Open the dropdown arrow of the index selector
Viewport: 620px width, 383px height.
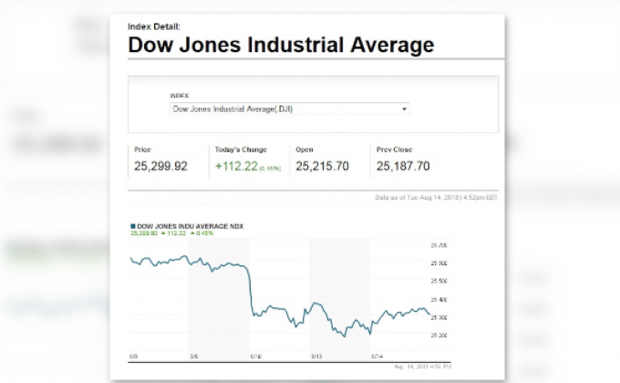coord(404,109)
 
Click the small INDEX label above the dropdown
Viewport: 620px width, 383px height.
coord(179,96)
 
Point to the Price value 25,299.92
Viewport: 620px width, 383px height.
coord(160,166)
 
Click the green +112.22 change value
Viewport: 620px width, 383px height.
coord(236,166)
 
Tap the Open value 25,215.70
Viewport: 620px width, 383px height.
coord(322,166)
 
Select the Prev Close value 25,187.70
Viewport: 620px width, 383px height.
coord(402,166)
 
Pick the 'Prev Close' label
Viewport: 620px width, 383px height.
coord(393,149)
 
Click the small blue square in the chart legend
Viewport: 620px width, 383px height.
coord(133,225)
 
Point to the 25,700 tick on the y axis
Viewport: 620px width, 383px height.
coord(438,246)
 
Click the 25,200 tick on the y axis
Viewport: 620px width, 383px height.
coord(438,335)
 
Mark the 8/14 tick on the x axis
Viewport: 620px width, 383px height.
coord(376,357)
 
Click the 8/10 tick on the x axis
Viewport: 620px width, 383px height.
coord(254,357)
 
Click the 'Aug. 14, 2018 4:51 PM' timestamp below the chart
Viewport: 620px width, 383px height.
coord(423,365)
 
